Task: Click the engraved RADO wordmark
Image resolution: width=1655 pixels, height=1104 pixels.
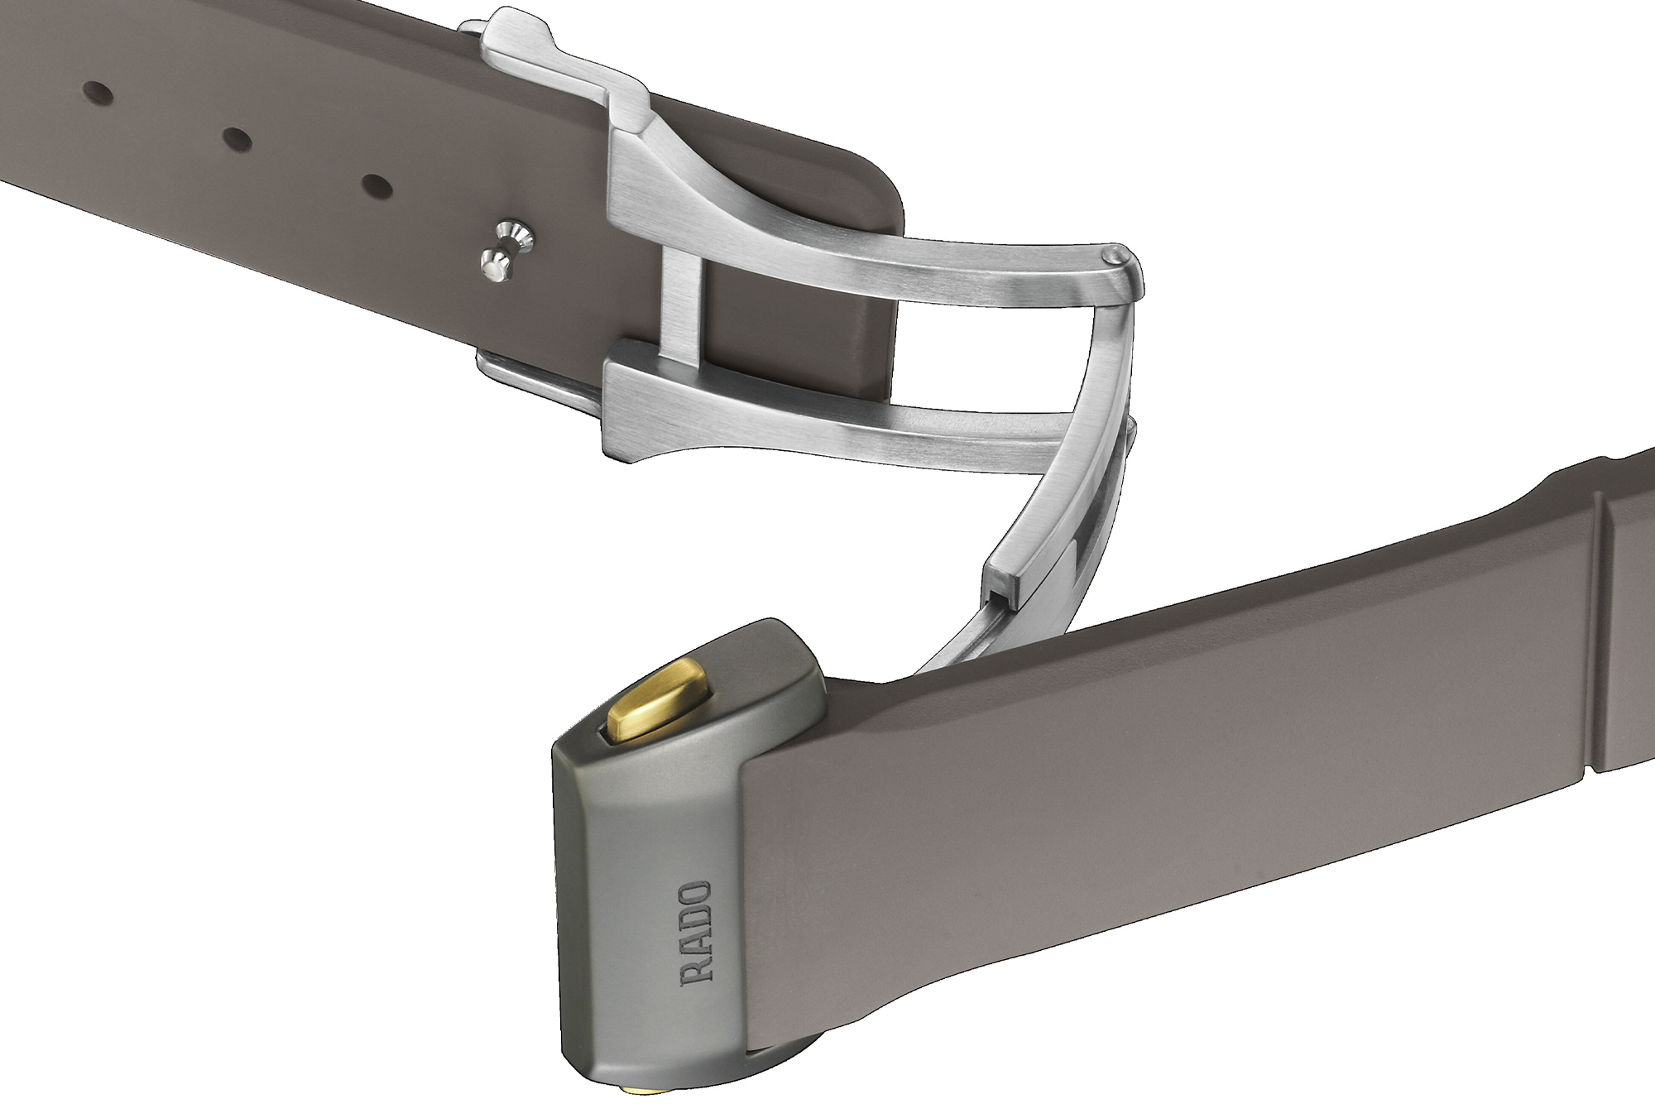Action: coord(695,933)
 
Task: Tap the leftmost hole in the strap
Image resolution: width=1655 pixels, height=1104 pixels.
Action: coord(98,89)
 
